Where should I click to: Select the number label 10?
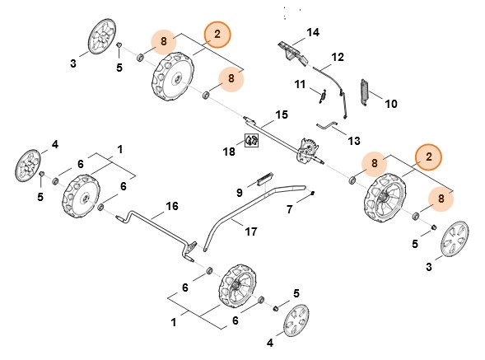click(391, 104)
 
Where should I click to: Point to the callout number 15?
click(281, 114)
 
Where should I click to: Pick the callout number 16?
click(171, 206)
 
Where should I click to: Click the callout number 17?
click(251, 232)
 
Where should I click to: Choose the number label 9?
click(239, 193)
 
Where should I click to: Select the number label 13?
click(354, 141)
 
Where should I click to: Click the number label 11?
click(301, 84)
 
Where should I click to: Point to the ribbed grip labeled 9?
click(264, 175)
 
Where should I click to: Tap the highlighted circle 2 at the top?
click(218, 34)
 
